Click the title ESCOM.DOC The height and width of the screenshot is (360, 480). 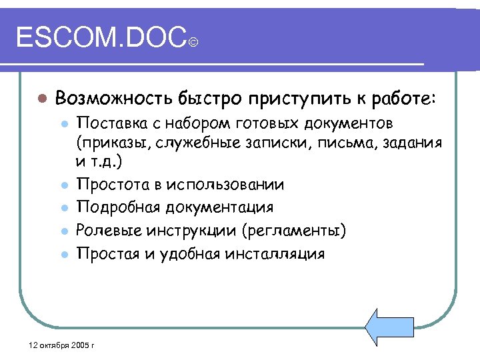100,38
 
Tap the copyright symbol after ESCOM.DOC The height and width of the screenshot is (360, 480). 193,44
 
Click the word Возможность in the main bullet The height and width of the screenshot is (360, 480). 114,98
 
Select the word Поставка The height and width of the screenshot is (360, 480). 109,123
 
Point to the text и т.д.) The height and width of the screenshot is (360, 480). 99,161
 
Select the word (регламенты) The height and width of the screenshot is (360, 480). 293,231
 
